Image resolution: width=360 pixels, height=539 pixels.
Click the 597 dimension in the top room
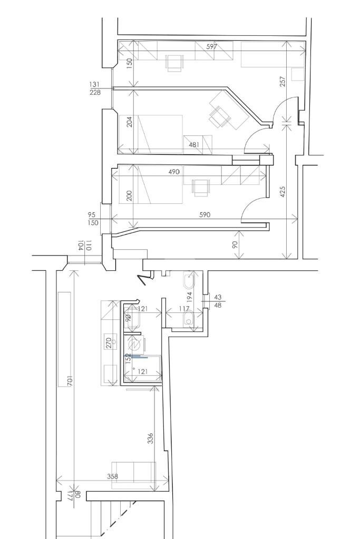click(x=211, y=46)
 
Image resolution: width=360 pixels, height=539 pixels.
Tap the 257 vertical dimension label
click(x=283, y=81)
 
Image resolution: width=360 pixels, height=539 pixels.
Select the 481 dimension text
click(x=195, y=144)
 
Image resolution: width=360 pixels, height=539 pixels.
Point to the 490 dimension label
click(x=174, y=172)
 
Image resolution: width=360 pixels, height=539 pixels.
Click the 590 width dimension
click(x=205, y=214)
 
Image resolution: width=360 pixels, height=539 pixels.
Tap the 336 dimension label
click(x=151, y=438)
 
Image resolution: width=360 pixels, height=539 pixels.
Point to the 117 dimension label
click(x=183, y=308)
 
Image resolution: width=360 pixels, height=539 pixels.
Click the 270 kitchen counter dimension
click(x=108, y=343)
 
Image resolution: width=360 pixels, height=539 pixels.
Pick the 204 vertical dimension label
click(x=130, y=122)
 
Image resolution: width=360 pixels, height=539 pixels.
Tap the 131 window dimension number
click(x=94, y=84)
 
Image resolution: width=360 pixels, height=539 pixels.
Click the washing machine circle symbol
click(x=135, y=345)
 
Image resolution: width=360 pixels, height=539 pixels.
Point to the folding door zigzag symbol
click(x=143, y=279)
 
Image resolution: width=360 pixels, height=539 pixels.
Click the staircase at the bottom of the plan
click(x=113, y=519)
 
